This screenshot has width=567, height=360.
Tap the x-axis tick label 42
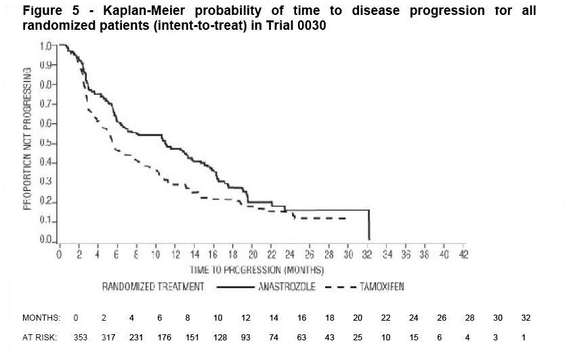(463, 255)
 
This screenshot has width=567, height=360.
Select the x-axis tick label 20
(252, 255)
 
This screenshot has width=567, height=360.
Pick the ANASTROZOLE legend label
(287, 287)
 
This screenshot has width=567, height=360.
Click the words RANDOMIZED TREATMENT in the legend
(153, 287)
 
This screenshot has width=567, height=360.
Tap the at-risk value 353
(80, 337)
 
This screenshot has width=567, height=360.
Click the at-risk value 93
(245, 337)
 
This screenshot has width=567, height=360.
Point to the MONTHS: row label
(41, 318)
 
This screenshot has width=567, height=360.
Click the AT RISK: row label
(40, 337)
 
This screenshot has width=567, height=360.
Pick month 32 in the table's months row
(526, 318)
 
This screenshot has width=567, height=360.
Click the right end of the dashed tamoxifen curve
(346, 218)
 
